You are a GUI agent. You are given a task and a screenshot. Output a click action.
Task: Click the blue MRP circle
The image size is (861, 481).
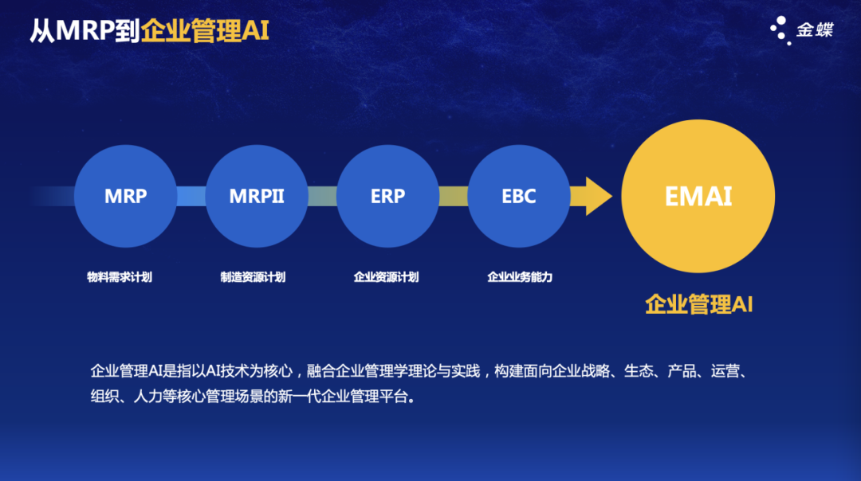coord(125,196)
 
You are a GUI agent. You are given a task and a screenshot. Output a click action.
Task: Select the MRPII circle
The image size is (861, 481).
coord(257,196)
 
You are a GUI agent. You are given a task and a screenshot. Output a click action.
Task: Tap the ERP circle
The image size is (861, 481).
coord(387,196)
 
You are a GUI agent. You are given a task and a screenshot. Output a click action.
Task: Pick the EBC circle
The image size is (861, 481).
coord(519,196)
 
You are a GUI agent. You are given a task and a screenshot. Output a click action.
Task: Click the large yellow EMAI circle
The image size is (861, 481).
coord(698,197)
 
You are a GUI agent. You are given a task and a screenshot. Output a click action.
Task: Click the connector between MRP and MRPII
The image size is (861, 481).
coord(191,196)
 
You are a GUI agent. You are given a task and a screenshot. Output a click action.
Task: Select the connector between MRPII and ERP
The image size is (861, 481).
coord(322,196)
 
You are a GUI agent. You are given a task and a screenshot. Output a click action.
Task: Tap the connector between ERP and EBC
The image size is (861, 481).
coord(453,196)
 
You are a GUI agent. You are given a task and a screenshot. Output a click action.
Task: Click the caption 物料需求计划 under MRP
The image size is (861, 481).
coord(120,277)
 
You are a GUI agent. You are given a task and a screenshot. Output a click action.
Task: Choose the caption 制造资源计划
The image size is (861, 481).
coord(253,277)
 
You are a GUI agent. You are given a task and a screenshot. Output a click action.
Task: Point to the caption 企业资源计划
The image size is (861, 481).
coord(386,277)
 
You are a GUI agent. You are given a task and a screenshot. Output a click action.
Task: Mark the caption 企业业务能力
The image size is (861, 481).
coord(520,277)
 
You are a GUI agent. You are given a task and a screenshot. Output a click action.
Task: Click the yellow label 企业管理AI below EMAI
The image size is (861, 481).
coord(698,304)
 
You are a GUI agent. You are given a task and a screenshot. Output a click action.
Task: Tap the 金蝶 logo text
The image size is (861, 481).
coord(815,30)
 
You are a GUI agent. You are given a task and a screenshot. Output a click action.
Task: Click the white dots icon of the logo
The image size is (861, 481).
coord(780,29)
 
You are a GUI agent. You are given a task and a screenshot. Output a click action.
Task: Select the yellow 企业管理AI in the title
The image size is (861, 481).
coord(205,31)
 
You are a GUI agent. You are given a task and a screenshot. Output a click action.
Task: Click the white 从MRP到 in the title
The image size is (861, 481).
coord(85,31)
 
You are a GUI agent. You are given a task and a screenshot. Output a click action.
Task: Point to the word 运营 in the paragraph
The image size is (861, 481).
coord(722,371)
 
